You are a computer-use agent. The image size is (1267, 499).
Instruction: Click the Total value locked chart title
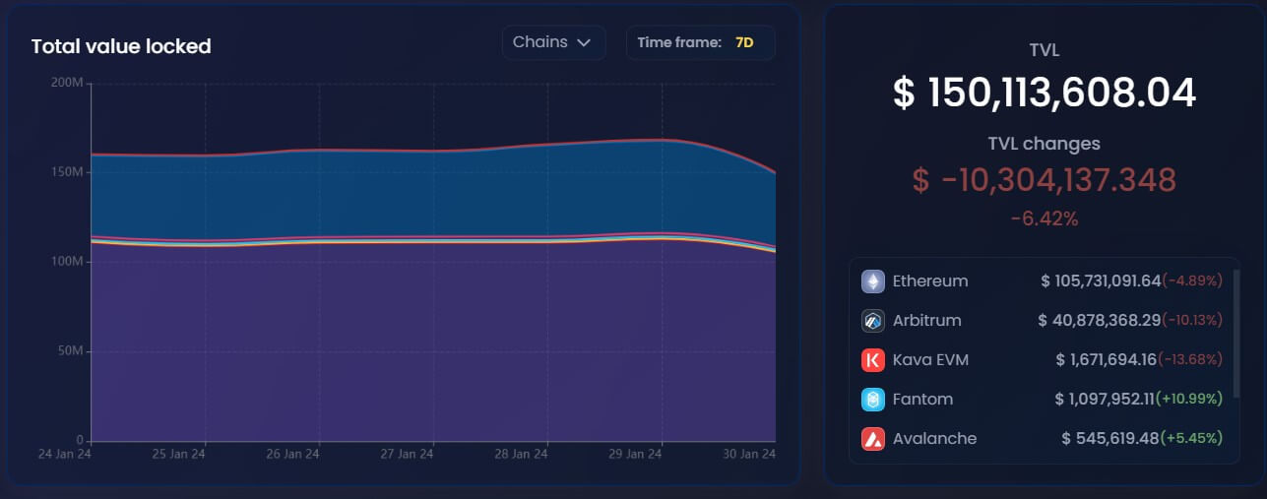point(121,46)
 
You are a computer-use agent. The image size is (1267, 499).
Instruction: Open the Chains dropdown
point(552,42)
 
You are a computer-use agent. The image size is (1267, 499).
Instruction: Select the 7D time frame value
point(743,42)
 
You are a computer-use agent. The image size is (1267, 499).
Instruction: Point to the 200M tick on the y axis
point(67,83)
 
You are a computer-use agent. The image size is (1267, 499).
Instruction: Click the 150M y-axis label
point(67,172)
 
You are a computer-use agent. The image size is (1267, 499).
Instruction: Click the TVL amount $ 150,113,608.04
point(1044,93)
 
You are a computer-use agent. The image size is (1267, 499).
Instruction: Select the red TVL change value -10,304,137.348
point(1044,180)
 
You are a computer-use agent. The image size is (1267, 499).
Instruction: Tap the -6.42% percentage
point(1044,218)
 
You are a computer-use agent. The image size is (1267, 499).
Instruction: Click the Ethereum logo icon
point(873,281)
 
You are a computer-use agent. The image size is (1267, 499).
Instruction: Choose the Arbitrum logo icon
point(873,321)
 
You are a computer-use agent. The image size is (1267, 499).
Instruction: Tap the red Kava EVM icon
point(873,360)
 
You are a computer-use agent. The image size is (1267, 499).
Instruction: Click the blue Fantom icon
point(873,400)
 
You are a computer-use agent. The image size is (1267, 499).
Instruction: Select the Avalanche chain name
point(934,439)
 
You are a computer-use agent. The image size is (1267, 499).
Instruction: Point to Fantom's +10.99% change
point(1191,400)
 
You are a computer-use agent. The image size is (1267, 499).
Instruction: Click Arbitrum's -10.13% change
point(1191,321)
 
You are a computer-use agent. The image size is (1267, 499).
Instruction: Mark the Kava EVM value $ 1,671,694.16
point(1107,360)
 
